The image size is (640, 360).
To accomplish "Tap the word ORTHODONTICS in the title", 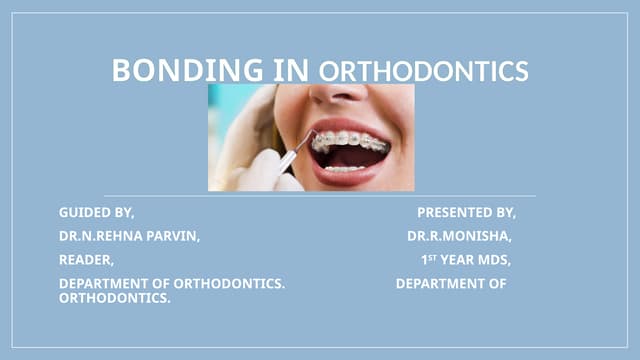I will coord(423,72).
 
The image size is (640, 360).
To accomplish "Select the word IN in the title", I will coord(293,70).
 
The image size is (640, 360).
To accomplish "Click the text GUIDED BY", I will coord(96,213).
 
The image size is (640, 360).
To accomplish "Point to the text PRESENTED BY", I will coord(466,213).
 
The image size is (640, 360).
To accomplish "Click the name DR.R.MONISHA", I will coord(459,237).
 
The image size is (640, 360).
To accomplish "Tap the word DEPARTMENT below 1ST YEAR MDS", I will coord(451,284).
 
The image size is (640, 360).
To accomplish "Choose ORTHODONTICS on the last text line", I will coord(114,298).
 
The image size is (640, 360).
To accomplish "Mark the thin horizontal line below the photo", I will coord(320,196).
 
